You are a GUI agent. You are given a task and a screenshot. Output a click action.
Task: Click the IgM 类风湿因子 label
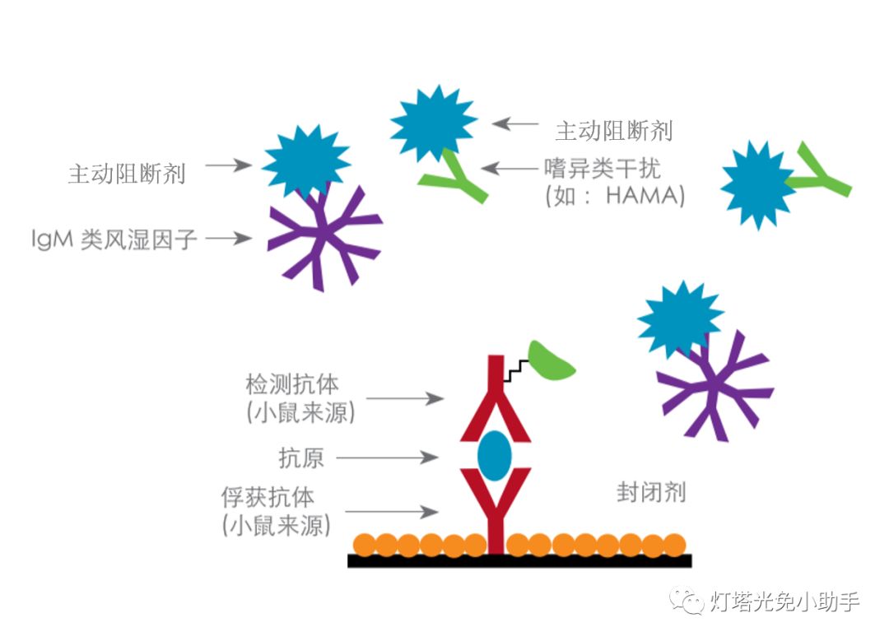[x=114, y=239]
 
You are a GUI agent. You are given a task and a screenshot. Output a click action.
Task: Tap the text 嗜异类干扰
[x=603, y=169]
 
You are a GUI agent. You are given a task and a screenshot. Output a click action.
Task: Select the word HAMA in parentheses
[x=642, y=196]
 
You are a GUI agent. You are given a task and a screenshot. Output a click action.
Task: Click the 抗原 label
[x=301, y=458]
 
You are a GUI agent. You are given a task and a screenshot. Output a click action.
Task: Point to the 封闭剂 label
[x=651, y=492]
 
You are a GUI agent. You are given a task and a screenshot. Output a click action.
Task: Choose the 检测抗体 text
[x=292, y=384]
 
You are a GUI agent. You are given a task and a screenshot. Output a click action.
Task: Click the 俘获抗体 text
[x=268, y=497]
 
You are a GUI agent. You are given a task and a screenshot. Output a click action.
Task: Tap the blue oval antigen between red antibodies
[x=495, y=456]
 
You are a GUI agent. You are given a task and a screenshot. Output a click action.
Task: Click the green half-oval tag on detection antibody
[x=550, y=360]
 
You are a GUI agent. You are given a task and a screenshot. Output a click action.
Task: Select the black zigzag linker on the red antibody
[x=516, y=370]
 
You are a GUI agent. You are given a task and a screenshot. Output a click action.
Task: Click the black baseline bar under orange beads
[x=519, y=560]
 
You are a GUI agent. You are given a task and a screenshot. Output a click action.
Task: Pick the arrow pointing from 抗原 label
[x=387, y=457]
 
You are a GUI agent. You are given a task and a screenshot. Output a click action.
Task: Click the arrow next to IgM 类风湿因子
[x=229, y=238]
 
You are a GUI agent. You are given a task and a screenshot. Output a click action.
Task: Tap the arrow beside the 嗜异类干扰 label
[x=510, y=169]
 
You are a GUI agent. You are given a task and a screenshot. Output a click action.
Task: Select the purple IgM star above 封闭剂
[x=715, y=386]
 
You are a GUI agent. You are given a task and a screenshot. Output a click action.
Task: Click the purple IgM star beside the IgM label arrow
[x=323, y=237]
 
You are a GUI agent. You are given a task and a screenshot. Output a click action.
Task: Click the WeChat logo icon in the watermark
[x=687, y=600]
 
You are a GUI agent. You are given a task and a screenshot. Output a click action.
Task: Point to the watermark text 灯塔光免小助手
[x=785, y=602]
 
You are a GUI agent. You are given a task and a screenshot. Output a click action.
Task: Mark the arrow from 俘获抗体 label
[x=392, y=512]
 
